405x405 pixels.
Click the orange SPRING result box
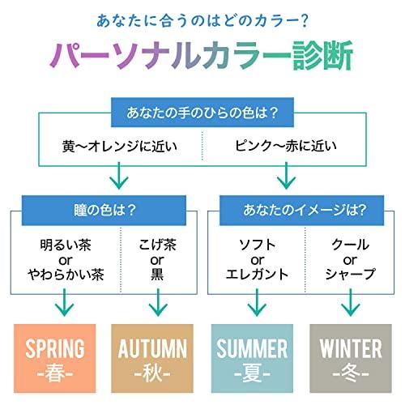[x=55, y=358]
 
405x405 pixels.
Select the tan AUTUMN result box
[x=152, y=358]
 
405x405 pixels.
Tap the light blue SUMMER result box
[x=252, y=358]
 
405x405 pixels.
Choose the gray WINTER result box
[x=351, y=358]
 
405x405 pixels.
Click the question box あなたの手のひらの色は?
[x=202, y=113]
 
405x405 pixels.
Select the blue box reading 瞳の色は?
[x=104, y=211]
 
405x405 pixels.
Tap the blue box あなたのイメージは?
[x=301, y=211]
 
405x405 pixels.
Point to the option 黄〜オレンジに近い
[x=120, y=147]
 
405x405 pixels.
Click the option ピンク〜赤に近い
[x=286, y=146]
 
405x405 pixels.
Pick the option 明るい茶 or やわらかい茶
[x=66, y=260]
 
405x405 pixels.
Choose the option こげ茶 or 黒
[x=157, y=260]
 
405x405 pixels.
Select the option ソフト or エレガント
[x=257, y=260]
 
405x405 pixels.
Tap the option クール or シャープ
[x=351, y=260]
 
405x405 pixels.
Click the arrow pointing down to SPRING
[x=65, y=302]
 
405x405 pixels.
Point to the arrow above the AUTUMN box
[x=158, y=302]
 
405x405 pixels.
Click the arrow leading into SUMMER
[x=257, y=302]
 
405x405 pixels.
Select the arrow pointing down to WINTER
[x=351, y=302]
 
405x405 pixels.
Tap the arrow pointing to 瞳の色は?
[x=119, y=176]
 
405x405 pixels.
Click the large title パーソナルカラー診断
[x=202, y=55]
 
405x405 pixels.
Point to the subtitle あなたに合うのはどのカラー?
[x=202, y=21]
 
